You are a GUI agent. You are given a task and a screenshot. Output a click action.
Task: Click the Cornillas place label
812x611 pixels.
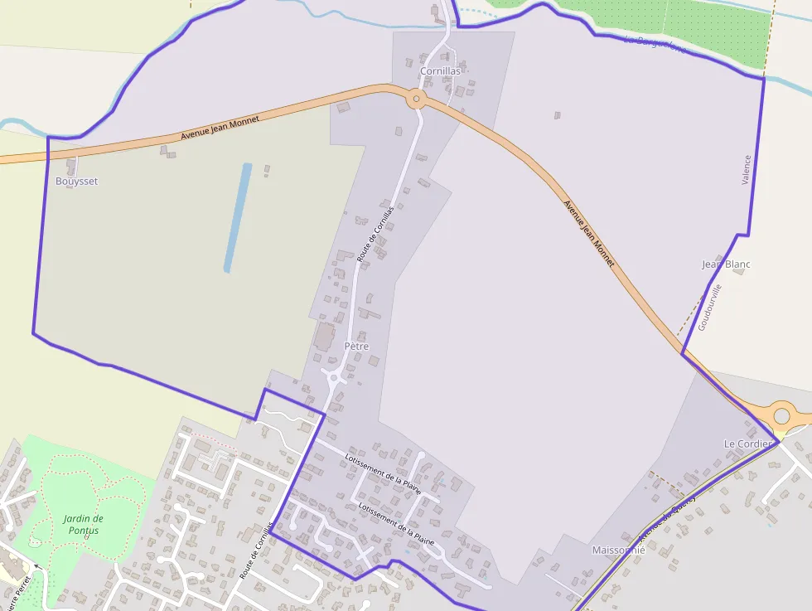pos(440,71)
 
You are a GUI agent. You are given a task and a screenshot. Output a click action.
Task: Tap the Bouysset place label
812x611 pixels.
pos(76,181)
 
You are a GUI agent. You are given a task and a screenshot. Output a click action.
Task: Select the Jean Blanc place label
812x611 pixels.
pos(726,264)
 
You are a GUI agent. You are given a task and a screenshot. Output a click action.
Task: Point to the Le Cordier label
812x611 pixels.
pos(748,444)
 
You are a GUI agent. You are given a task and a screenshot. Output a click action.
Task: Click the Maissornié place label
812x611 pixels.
pos(618,550)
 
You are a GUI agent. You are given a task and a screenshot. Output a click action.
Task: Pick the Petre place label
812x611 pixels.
pos(356,346)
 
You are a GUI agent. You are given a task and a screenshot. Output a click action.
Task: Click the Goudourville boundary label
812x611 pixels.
pos(710,308)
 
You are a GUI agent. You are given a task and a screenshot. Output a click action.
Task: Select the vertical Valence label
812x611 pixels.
pos(746,170)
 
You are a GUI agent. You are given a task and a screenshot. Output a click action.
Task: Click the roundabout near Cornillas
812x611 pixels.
pos(417,99)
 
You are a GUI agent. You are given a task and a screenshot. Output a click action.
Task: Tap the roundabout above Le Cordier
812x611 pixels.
pos(781,414)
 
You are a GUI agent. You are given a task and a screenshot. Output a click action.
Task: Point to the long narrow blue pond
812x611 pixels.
pos(238,217)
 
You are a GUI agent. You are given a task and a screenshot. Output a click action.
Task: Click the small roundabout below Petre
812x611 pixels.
pos(334,378)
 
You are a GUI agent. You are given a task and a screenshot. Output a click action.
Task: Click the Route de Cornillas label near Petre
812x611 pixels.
pos(375,235)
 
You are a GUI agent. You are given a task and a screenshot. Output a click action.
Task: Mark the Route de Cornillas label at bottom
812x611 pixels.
pos(256,551)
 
